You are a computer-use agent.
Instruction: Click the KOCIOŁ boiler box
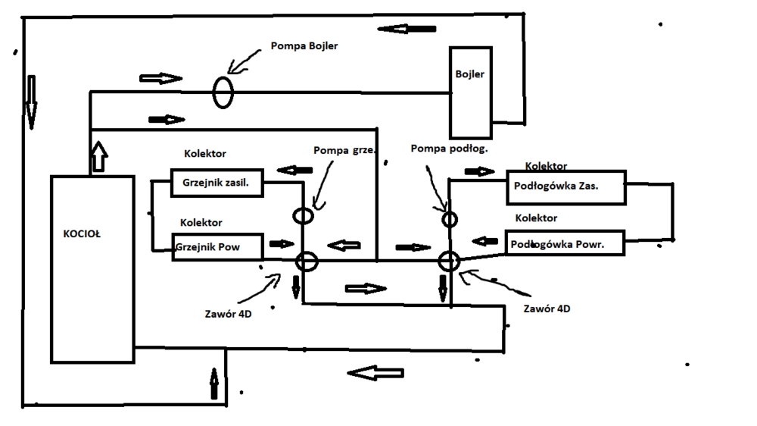click(x=92, y=268)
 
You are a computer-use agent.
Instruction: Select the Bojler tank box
click(x=470, y=91)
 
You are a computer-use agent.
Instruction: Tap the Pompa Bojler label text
click(x=304, y=46)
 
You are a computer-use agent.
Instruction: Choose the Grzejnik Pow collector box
click(x=217, y=247)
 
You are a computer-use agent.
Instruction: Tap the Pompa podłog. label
click(x=450, y=149)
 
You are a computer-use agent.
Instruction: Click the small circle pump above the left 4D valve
click(x=302, y=216)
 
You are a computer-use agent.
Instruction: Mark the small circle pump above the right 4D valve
click(x=450, y=219)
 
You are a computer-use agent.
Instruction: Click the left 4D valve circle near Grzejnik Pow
click(x=306, y=262)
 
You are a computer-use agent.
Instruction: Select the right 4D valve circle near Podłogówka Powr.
click(x=449, y=262)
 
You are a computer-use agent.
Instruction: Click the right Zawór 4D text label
click(x=547, y=309)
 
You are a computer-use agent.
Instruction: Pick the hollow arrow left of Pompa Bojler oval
click(x=161, y=79)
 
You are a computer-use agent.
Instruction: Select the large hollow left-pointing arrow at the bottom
click(x=375, y=373)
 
